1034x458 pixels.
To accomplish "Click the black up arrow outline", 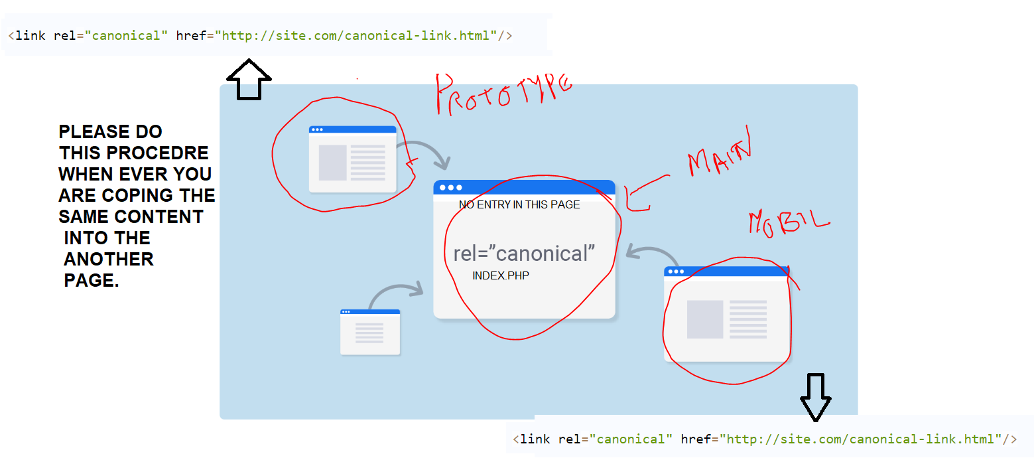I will [249, 80].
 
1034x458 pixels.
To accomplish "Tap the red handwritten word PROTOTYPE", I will [503, 92].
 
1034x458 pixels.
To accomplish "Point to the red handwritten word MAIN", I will [720, 157].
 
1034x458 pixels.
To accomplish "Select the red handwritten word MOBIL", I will [789, 222].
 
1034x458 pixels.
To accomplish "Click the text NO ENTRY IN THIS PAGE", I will [519, 205].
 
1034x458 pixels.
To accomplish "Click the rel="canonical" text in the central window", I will [524, 254].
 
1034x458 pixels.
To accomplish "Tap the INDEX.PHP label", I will [501, 275].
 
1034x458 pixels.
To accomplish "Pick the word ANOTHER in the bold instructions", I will [109, 259].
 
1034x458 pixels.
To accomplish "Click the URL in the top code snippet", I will [359, 35].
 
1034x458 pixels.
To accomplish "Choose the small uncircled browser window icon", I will [370, 332].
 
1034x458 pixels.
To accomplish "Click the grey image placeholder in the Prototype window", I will [333, 163].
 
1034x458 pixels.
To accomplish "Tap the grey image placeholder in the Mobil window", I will [705, 319].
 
